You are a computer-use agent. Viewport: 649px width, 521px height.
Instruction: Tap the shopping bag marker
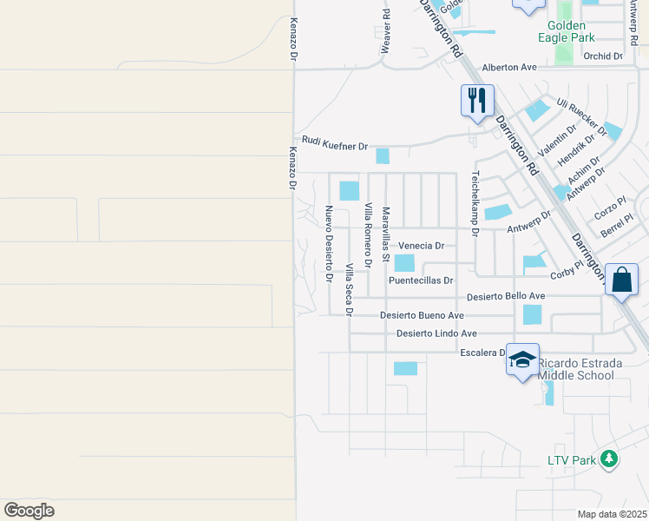tap(621, 280)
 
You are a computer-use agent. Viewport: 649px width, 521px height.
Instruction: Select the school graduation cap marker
tap(522, 359)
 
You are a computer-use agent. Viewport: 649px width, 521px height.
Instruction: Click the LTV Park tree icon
tap(609, 458)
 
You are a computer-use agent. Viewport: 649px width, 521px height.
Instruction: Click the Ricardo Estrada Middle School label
tap(576, 369)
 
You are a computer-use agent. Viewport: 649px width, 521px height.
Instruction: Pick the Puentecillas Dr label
tap(421, 280)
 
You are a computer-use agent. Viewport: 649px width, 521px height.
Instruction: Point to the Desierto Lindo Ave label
tap(437, 333)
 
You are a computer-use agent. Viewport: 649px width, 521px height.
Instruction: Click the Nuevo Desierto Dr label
tap(329, 244)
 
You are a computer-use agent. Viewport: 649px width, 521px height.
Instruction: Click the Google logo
tap(29, 511)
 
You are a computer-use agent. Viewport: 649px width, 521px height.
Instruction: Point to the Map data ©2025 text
tap(612, 514)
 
